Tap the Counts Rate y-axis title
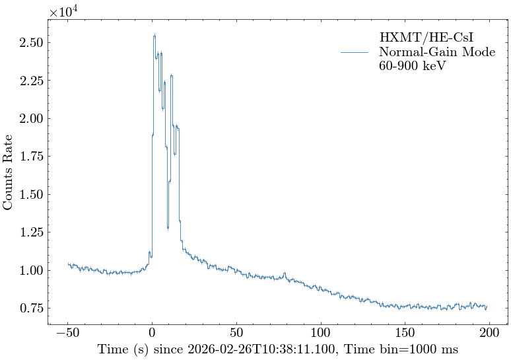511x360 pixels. [9, 172]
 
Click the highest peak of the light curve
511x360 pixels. [154, 35]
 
